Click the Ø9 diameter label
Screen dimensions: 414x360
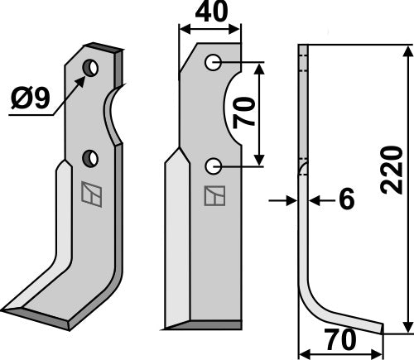point(31,98)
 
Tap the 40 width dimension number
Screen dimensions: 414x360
point(211,12)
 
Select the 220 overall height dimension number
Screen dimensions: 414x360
point(392,170)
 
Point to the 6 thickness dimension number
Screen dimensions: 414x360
point(346,199)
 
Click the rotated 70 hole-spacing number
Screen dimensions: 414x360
point(244,113)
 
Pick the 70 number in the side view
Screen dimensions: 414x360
point(340,339)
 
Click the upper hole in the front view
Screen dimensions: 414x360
point(213,63)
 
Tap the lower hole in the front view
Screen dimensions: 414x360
point(213,166)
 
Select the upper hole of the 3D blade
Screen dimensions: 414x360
point(91,68)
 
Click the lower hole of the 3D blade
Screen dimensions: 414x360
point(90,158)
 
